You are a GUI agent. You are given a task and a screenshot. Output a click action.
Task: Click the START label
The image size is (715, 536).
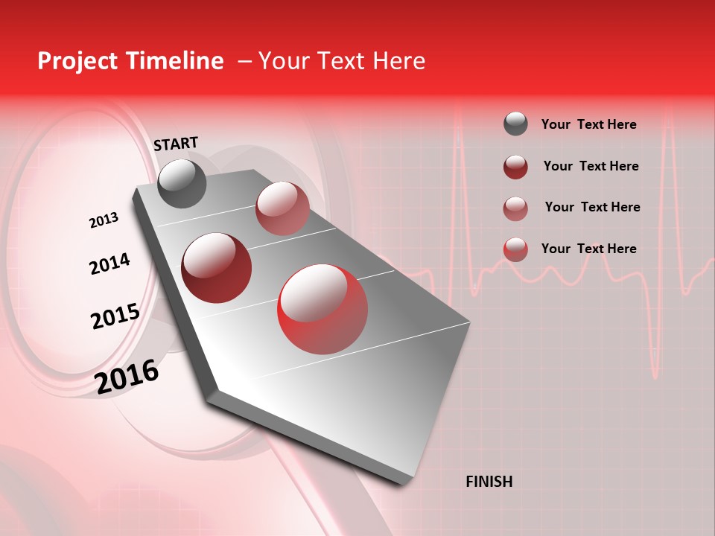click(176, 144)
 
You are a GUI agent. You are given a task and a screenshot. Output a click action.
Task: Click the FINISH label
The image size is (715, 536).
click(489, 482)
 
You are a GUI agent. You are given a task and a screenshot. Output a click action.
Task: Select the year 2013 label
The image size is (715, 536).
click(104, 220)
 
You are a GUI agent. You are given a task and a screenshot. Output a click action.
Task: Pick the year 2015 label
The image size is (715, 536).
click(115, 316)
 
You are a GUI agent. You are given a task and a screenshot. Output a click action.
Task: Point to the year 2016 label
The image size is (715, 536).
click(127, 377)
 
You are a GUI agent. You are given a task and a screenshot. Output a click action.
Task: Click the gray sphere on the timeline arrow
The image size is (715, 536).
click(182, 183)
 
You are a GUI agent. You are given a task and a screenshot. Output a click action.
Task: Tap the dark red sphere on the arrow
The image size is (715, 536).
click(216, 267)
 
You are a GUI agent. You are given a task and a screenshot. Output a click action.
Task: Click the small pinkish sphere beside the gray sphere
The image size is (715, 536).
click(282, 208)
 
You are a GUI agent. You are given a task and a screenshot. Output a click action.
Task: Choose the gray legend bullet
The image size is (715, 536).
click(515, 124)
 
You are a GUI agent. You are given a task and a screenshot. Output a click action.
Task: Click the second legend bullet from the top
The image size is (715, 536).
click(515, 166)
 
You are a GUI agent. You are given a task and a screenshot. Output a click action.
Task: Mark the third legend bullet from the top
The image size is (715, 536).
click(515, 208)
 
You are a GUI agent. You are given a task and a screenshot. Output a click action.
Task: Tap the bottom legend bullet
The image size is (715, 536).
click(515, 249)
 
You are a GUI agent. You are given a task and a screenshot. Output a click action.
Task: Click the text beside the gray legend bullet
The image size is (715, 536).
click(588, 125)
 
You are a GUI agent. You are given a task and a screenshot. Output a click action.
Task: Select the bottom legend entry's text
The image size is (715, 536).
click(588, 249)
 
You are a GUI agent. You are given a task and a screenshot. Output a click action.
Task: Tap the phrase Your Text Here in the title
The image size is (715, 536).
click(342, 61)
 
